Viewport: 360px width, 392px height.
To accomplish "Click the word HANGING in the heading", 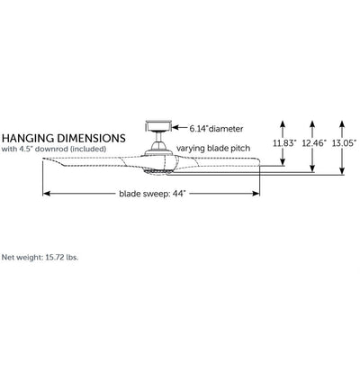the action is pyautogui.click(x=28, y=138).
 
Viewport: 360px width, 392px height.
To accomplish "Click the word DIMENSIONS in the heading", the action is pyautogui.click(x=91, y=138).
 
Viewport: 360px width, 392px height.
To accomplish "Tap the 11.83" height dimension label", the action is pyautogui.click(x=284, y=143).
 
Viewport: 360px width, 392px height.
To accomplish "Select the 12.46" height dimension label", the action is pyautogui.click(x=313, y=143).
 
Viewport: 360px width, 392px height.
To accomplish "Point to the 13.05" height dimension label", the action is pyautogui.click(x=344, y=143).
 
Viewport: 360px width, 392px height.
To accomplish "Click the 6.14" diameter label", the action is pyautogui.click(x=216, y=129).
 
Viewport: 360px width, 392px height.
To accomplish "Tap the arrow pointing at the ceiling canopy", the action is pyautogui.click(x=180, y=128).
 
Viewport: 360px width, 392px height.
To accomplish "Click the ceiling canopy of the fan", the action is pyautogui.click(x=158, y=126).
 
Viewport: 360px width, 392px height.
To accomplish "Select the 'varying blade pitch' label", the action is pyautogui.click(x=213, y=148).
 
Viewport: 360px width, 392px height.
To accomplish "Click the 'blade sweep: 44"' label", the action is pyautogui.click(x=152, y=194).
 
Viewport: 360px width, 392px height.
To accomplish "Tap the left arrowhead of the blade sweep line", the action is pyautogui.click(x=46, y=194).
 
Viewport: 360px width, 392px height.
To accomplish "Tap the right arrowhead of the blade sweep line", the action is pyautogui.click(x=256, y=194).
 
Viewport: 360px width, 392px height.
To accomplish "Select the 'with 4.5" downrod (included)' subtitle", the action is pyautogui.click(x=54, y=149).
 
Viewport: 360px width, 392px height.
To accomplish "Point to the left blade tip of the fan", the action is pyautogui.click(x=43, y=159).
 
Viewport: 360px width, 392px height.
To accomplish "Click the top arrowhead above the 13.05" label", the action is pyautogui.click(x=342, y=123).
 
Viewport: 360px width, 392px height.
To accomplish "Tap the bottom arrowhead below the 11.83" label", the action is pyautogui.click(x=283, y=162).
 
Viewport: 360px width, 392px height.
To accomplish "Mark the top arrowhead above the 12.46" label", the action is pyautogui.click(x=312, y=123).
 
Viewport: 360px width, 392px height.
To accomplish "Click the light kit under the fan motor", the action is pyautogui.click(x=158, y=171).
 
